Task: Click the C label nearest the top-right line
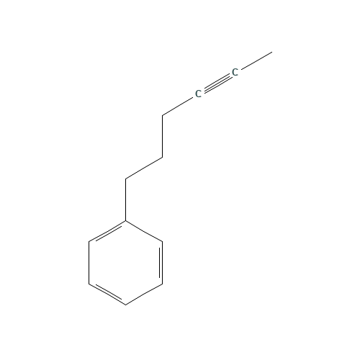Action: click(235, 72)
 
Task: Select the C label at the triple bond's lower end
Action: click(198, 94)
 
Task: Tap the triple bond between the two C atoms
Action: click(216, 83)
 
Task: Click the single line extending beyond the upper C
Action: click(253, 62)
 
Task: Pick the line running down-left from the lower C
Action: click(179, 105)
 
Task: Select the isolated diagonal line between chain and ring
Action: click(144, 167)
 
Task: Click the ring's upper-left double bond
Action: click(107, 231)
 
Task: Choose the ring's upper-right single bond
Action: click(144, 230)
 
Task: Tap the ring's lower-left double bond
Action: click(107, 294)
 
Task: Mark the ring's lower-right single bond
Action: click(144, 294)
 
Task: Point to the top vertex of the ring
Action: click(126, 220)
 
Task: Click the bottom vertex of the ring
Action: click(126, 305)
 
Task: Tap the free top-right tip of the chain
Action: click(271, 52)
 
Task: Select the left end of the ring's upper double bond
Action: click(89, 241)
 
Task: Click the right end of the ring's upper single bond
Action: click(162, 241)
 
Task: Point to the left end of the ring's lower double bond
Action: click(89, 284)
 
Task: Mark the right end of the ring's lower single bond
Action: click(162, 284)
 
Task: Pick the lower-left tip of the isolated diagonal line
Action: click(126, 179)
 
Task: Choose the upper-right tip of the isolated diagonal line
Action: click(162, 156)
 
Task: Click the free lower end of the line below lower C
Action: click(163, 115)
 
